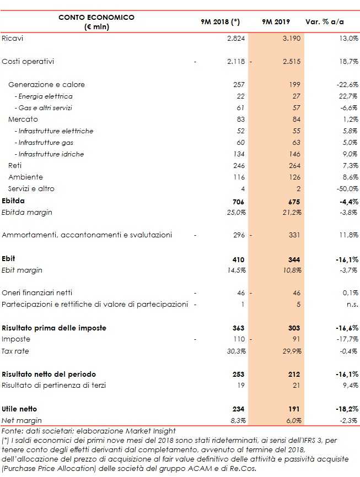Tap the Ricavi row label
pyautogui.click(x=12, y=39)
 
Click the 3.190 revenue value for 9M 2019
pyautogui.click(x=291, y=39)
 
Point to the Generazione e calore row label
pyautogui.click(x=46, y=85)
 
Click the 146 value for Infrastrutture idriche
pyautogui.click(x=294, y=154)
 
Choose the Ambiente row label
pyautogui.click(x=25, y=177)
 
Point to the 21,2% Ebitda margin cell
pyautogui.click(x=291, y=212)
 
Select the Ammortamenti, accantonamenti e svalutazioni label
pyautogui.click(x=87, y=235)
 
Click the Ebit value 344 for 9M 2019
pyautogui.click(x=293, y=259)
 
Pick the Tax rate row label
pyautogui.click(x=15, y=351)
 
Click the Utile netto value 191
pyautogui.click(x=293, y=409)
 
